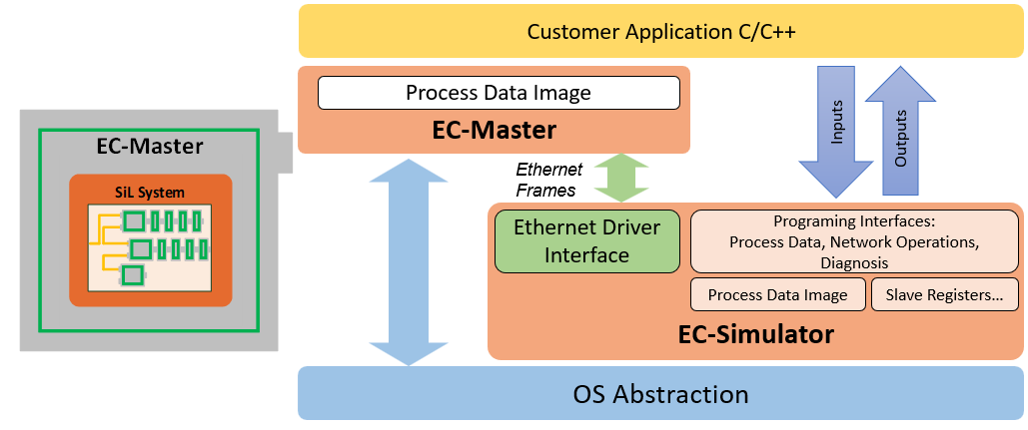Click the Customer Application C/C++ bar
(x=660, y=31)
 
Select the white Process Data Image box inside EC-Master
(x=498, y=93)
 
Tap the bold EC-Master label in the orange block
(x=494, y=130)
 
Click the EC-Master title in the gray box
(x=149, y=148)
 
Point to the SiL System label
(x=151, y=192)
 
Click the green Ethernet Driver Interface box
(x=586, y=240)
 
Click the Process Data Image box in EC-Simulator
(x=777, y=295)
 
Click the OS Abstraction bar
(x=660, y=393)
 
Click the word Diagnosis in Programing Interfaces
(x=854, y=262)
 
